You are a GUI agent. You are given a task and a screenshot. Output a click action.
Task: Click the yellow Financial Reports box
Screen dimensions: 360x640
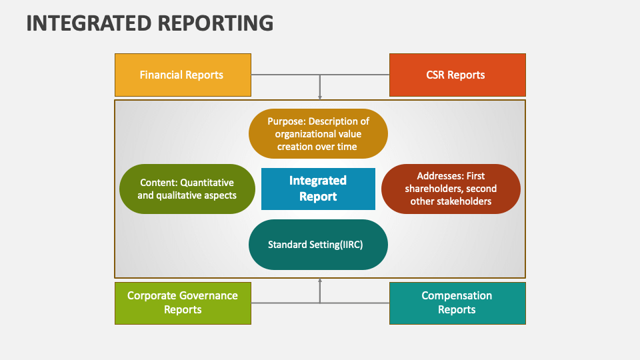tap(183, 75)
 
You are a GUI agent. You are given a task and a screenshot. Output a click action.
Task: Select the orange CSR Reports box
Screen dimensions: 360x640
tap(457, 75)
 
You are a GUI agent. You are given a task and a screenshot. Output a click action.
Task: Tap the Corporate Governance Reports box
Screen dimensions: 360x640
tap(183, 303)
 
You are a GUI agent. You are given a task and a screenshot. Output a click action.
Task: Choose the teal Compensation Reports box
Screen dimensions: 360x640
tap(457, 303)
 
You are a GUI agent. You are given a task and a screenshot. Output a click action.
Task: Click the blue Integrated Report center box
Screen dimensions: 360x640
tap(318, 189)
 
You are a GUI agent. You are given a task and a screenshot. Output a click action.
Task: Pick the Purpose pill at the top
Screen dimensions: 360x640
tap(318, 133)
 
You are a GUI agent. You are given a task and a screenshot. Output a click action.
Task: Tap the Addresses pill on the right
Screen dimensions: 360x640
tap(451, 189)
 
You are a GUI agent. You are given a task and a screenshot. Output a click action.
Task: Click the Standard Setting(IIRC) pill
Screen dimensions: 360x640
tap(318, 245)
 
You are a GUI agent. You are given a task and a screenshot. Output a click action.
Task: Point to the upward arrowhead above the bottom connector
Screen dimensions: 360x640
tap(320, 281)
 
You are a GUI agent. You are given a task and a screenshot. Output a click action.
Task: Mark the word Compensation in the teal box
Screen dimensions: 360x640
tap(457, 295)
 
